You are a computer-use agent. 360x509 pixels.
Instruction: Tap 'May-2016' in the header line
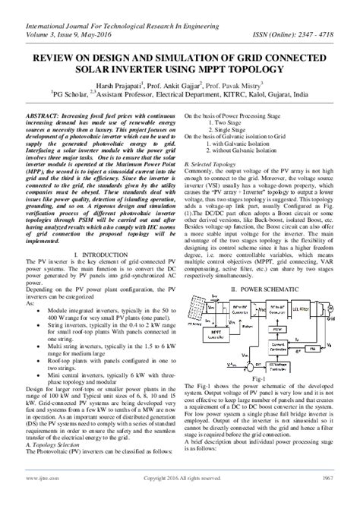93,34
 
